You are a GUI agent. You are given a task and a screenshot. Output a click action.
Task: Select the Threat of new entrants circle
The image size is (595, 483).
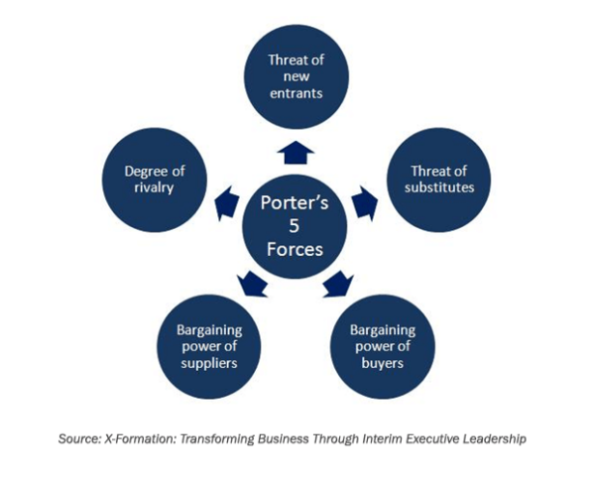[x=297, y=77]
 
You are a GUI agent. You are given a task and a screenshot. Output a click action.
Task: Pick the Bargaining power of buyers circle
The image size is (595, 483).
[x=381, y=344]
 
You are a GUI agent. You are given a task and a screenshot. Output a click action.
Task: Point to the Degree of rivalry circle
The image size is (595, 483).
[x=156, y=180]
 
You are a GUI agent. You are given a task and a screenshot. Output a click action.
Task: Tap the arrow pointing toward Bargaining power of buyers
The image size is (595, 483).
[x=338, y=284]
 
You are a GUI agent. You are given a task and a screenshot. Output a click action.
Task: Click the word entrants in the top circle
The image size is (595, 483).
[x=297, y=94]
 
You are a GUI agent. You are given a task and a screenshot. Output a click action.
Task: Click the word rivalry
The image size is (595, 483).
[x=156, y=187]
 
